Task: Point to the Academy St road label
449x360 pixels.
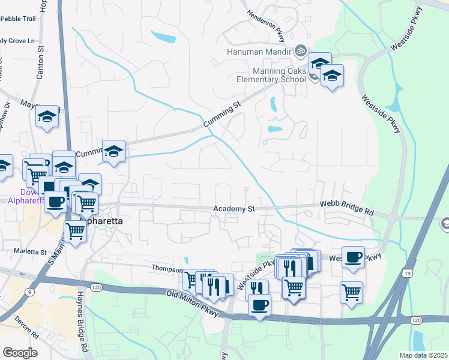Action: (235, 209)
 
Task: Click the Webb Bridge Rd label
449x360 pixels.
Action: (346, 211)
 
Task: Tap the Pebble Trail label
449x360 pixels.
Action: (18, 19)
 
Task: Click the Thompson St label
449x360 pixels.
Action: (166, 268)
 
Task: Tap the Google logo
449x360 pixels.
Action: (20, 353)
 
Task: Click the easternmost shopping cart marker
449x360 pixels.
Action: (351, 292)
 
